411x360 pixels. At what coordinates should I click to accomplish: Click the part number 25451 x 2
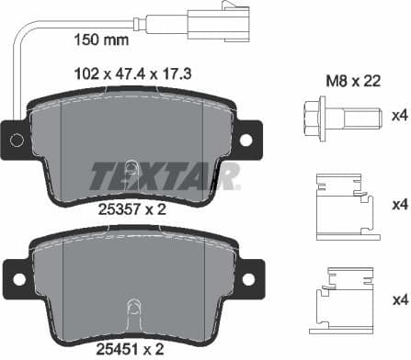[x=130, y=348]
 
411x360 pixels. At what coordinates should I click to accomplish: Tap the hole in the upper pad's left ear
[x=16, y=139]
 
